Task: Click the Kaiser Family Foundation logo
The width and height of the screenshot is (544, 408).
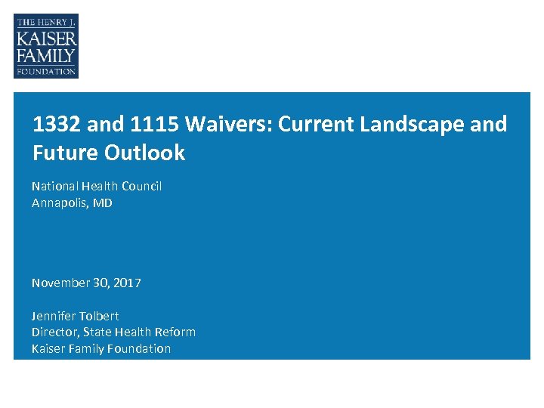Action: point(46,46)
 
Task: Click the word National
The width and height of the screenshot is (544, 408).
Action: point(54,186)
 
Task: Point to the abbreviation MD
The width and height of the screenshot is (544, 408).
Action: point(103,202)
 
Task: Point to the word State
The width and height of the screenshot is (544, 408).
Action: point(97,332)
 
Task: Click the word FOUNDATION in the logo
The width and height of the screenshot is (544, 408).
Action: point(46,72)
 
